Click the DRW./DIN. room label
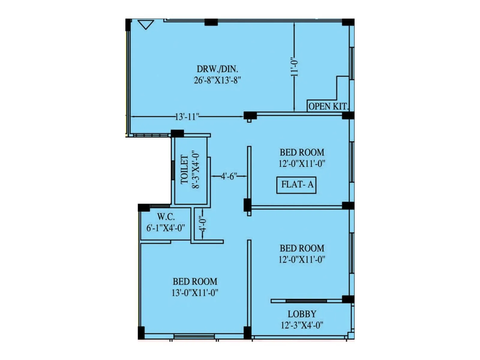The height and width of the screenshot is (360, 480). coord(217,69)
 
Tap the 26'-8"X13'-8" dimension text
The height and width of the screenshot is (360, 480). coord(217,80)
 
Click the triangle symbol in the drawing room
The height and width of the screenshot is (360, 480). coord(146,24)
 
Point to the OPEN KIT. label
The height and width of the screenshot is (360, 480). coord(328,106)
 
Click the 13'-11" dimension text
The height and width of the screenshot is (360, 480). coord(187,117)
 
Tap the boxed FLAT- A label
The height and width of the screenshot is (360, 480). coord(296,185)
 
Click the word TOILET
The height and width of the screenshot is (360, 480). coord(184,169)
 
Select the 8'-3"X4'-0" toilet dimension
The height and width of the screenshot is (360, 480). coord(196,169)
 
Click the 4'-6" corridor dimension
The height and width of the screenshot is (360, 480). coord(229,176)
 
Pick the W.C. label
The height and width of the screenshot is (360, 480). coord(166,217)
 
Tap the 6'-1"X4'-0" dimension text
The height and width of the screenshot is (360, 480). coord(166,228)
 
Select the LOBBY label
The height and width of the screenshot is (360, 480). coord(302,314)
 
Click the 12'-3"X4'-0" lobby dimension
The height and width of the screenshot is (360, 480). coord(302,325)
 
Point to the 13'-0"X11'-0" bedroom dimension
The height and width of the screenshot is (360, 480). coord(195,292)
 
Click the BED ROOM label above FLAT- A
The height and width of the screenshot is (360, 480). coord(302,152)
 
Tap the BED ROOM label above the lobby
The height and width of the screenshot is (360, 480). coord(302,248)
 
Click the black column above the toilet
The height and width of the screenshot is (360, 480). coord(177,133)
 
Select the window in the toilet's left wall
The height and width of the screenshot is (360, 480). coord(173,170)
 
